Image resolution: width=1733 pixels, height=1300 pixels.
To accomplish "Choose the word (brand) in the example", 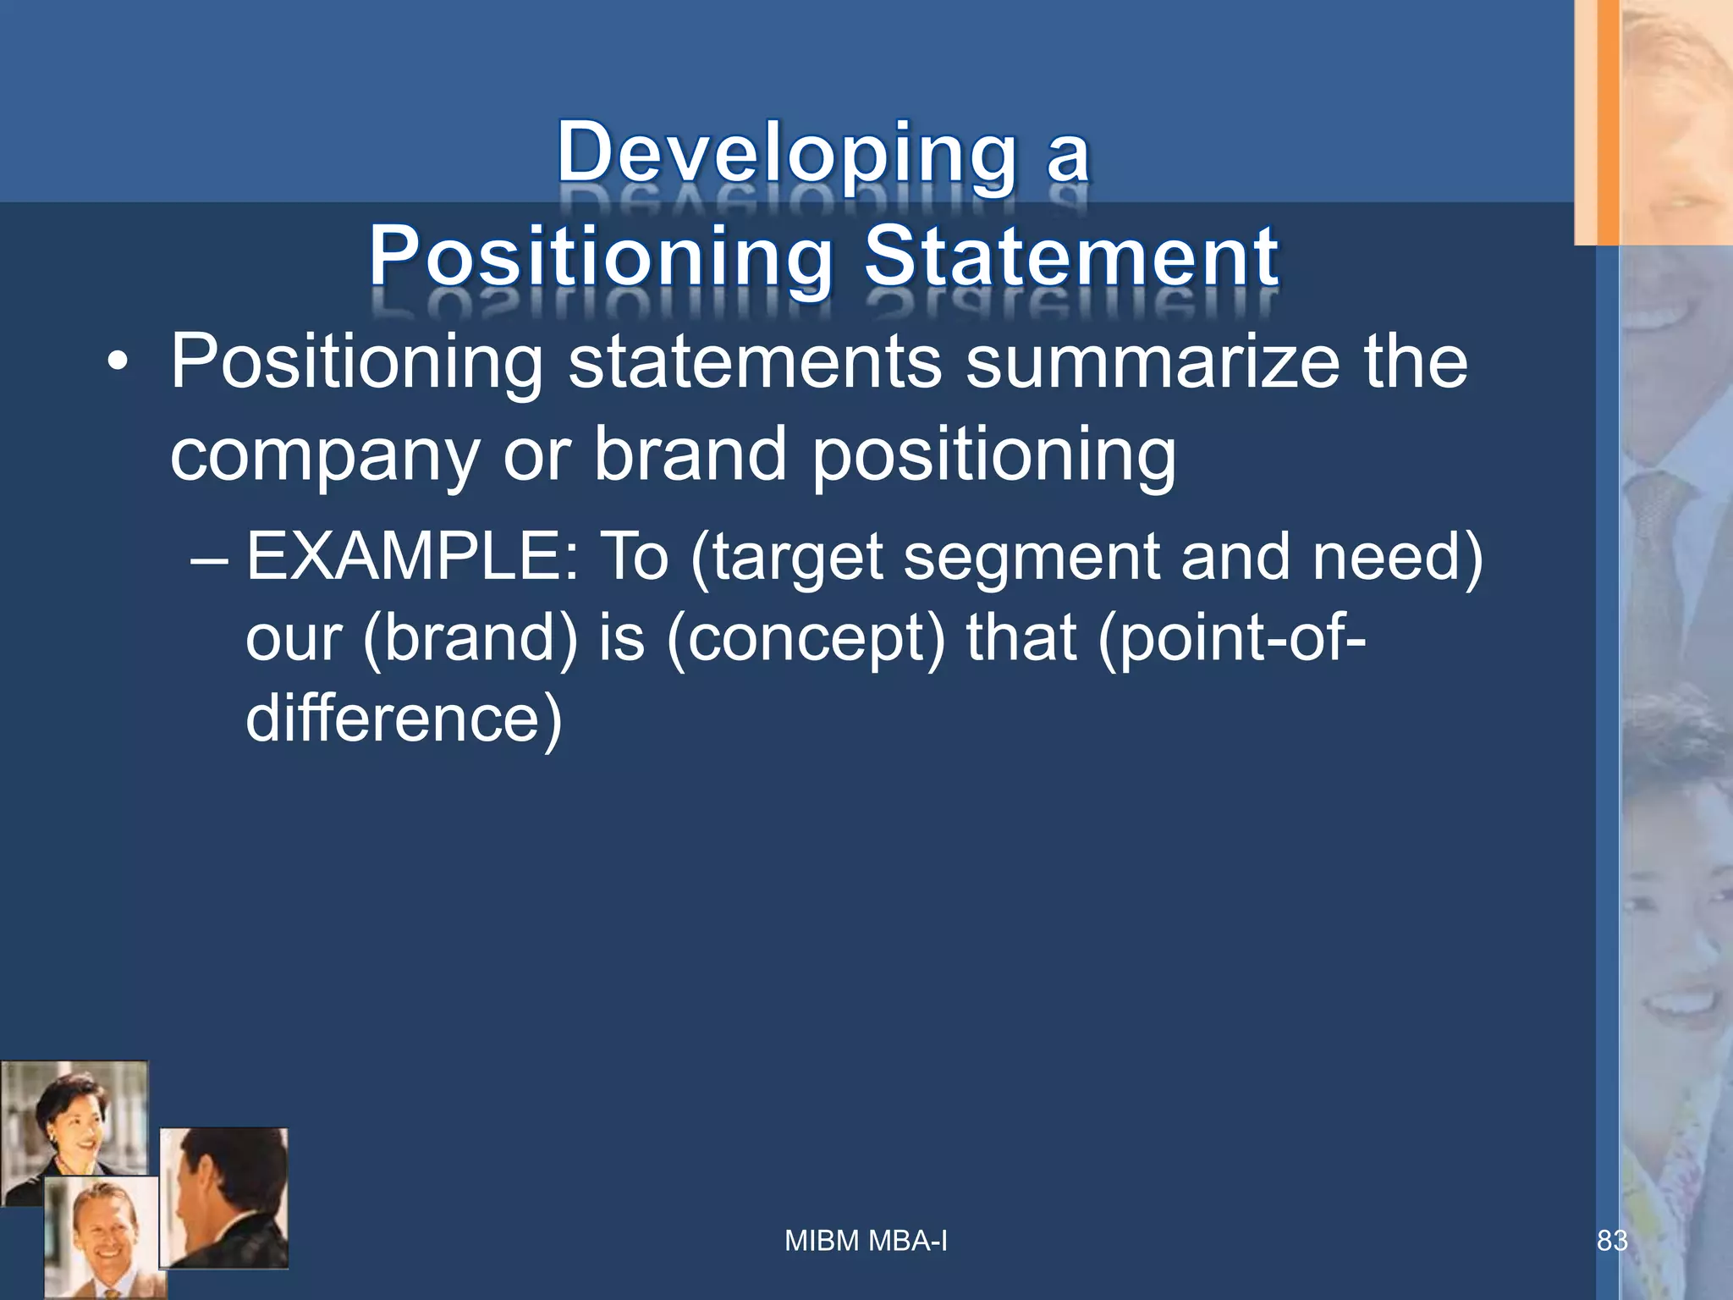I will pyautogui.click(x=470, y=639).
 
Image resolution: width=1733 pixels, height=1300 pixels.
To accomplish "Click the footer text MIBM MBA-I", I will pyautogui.click(x=866, y=1241).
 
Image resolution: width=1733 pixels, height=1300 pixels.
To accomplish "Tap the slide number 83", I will pyautogui.click(x=1611, y=1241).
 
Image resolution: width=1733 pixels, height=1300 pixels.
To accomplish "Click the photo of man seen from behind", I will pyautogui.click(x=224, y=1198).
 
